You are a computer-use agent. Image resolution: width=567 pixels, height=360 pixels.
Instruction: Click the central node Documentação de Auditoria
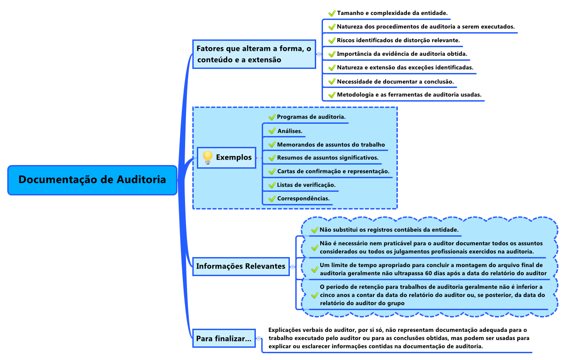[92, 180]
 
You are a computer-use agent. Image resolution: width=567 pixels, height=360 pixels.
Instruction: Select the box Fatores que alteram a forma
[254, 54]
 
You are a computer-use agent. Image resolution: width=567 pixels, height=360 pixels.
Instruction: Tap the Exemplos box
[226, 158]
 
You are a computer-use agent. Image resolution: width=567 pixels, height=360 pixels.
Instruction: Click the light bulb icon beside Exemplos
[208, 157]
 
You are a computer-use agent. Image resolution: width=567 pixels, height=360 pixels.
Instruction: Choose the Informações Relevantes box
[241, 267]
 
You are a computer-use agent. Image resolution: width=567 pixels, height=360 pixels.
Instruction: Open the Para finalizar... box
[224, 338]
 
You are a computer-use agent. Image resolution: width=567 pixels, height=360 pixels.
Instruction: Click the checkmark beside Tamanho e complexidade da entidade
[332, 13]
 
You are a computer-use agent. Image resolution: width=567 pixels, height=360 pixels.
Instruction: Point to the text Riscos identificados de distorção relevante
[398, 40]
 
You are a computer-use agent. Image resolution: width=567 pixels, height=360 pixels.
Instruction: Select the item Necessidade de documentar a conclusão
[396, 82]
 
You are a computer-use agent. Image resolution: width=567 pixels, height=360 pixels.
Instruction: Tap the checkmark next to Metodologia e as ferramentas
[332, 95]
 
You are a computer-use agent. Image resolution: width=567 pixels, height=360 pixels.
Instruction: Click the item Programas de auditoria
[311, 117]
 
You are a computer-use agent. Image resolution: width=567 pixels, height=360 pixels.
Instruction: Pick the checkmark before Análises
[272, 131]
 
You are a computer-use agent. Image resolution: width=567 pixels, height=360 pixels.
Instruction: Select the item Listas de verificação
[306, 185]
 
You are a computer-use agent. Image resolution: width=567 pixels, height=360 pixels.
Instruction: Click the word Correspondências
[303, 198]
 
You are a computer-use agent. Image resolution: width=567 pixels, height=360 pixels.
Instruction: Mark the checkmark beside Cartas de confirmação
[272, 171]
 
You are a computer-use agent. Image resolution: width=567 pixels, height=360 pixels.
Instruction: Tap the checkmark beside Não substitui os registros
[315, 230]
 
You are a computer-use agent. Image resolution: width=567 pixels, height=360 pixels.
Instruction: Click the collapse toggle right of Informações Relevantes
[293, 267]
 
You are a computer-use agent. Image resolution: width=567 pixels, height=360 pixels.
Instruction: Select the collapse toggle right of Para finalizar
[259, 338]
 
